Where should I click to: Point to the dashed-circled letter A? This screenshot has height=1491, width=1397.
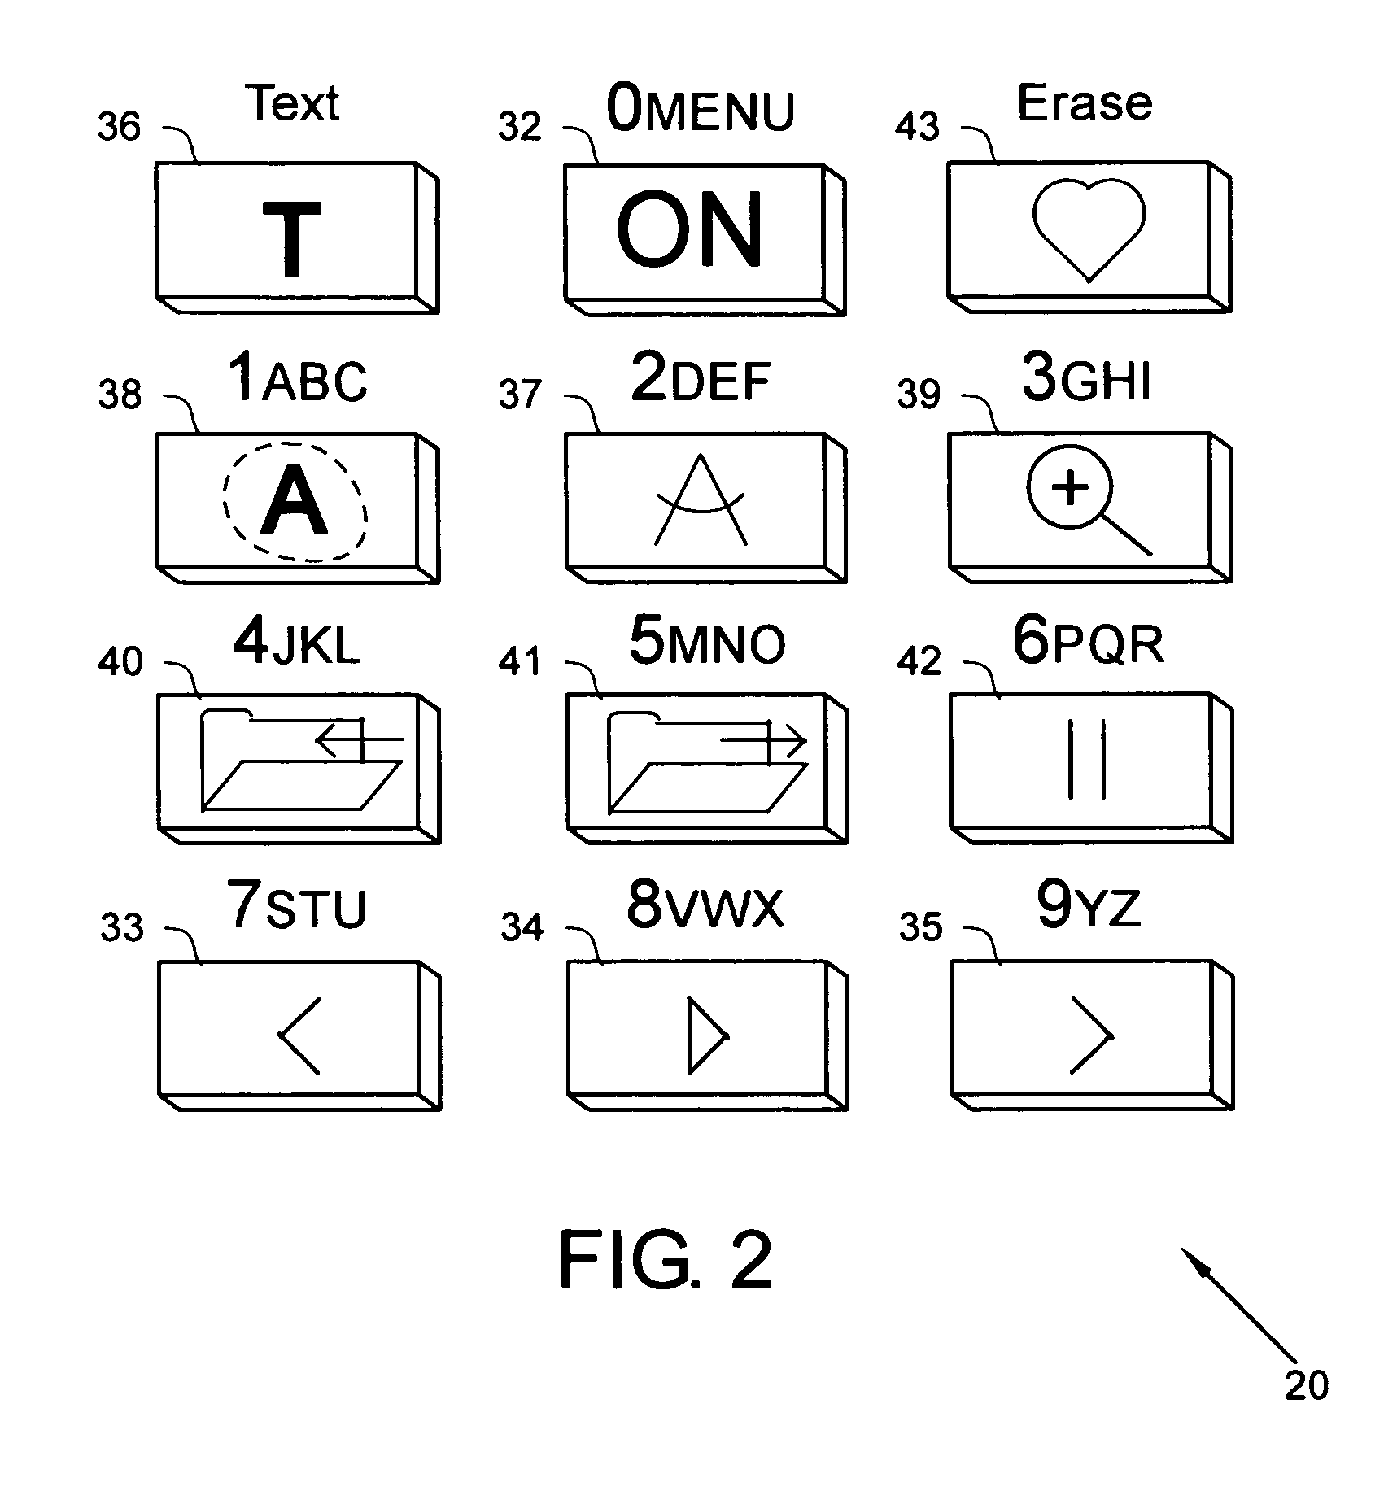[x=295, y=502]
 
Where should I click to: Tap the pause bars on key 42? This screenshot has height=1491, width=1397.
[x=1087, y=763]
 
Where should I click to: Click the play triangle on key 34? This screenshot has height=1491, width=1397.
[x=705, y=1035]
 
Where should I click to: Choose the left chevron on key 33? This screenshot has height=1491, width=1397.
[x=299, y=1035]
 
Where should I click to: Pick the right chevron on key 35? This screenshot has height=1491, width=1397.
[x=1090, y=1035]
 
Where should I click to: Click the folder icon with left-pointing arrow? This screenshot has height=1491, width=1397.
[x=302, y=760]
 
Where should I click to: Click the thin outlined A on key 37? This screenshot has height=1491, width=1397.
[x=701, y=500]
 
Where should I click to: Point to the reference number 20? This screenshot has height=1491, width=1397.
[x=1306, y=1384]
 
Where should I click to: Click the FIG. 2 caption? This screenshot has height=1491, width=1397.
[x=666, y=1260]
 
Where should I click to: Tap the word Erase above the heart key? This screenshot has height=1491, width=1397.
[x=1085, y=103]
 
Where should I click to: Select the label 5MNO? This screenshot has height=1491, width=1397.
[x=706, y=644]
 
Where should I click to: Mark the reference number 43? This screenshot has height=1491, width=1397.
[x=917, y=127]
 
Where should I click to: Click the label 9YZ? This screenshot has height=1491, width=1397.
[x=1088, y=908]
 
